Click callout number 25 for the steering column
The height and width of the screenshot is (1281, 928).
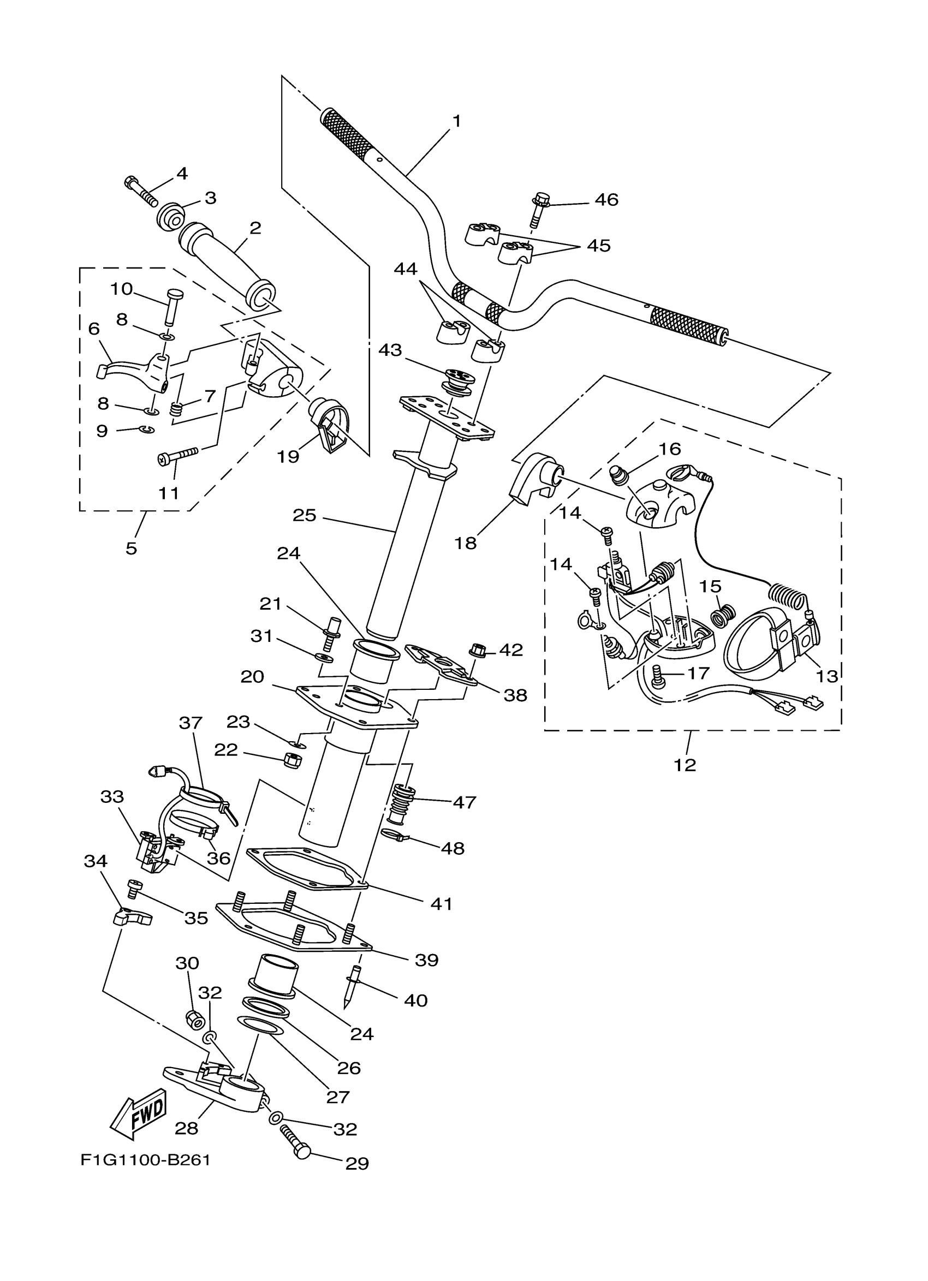305,515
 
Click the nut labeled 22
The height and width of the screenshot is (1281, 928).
291,760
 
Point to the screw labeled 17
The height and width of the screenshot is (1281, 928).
657,677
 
